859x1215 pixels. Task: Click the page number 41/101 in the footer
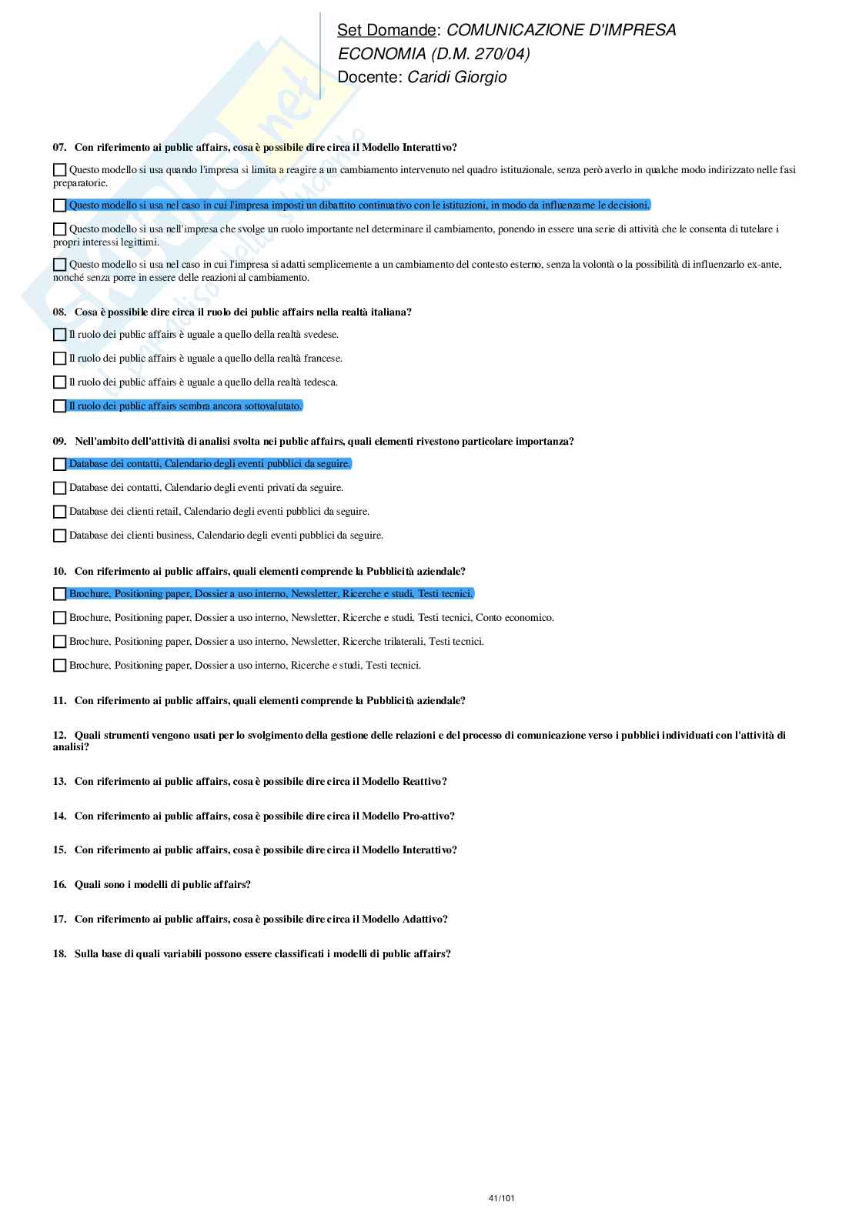501,1198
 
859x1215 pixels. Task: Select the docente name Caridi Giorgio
456,77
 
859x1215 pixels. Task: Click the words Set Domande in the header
386,30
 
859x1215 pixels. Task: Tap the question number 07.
59,147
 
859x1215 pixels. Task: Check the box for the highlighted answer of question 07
59,205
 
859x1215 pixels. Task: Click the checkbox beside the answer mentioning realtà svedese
59,335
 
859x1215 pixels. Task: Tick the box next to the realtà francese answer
59,359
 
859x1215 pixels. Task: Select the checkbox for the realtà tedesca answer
59,382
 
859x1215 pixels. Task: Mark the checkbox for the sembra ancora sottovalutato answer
59,406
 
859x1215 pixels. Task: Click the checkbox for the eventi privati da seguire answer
59,488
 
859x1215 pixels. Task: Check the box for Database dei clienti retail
59,512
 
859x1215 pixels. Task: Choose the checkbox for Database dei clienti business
59,536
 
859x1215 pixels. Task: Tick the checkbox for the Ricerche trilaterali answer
59,642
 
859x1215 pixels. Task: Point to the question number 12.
59,735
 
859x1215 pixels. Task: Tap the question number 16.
59,884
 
